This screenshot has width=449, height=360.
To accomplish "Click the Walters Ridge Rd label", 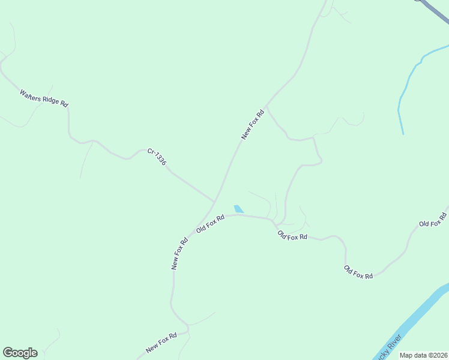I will [44, 98].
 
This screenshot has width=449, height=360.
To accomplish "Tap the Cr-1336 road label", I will [157, 157].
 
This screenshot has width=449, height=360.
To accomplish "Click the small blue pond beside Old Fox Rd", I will [239, 209].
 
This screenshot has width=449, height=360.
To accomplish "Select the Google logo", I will [20, 353].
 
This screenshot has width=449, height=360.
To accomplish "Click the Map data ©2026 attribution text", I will [423, 355].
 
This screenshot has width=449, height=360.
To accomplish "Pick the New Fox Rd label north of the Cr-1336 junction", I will [253, 125].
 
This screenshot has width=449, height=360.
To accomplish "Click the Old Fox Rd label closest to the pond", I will [210, 224].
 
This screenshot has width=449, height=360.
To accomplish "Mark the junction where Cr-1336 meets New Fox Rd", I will [215, 202].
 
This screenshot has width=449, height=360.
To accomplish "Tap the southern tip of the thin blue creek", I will [403, 133].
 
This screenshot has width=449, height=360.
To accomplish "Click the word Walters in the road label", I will [31, 95].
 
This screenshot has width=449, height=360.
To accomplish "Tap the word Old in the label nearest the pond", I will [202, 228].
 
